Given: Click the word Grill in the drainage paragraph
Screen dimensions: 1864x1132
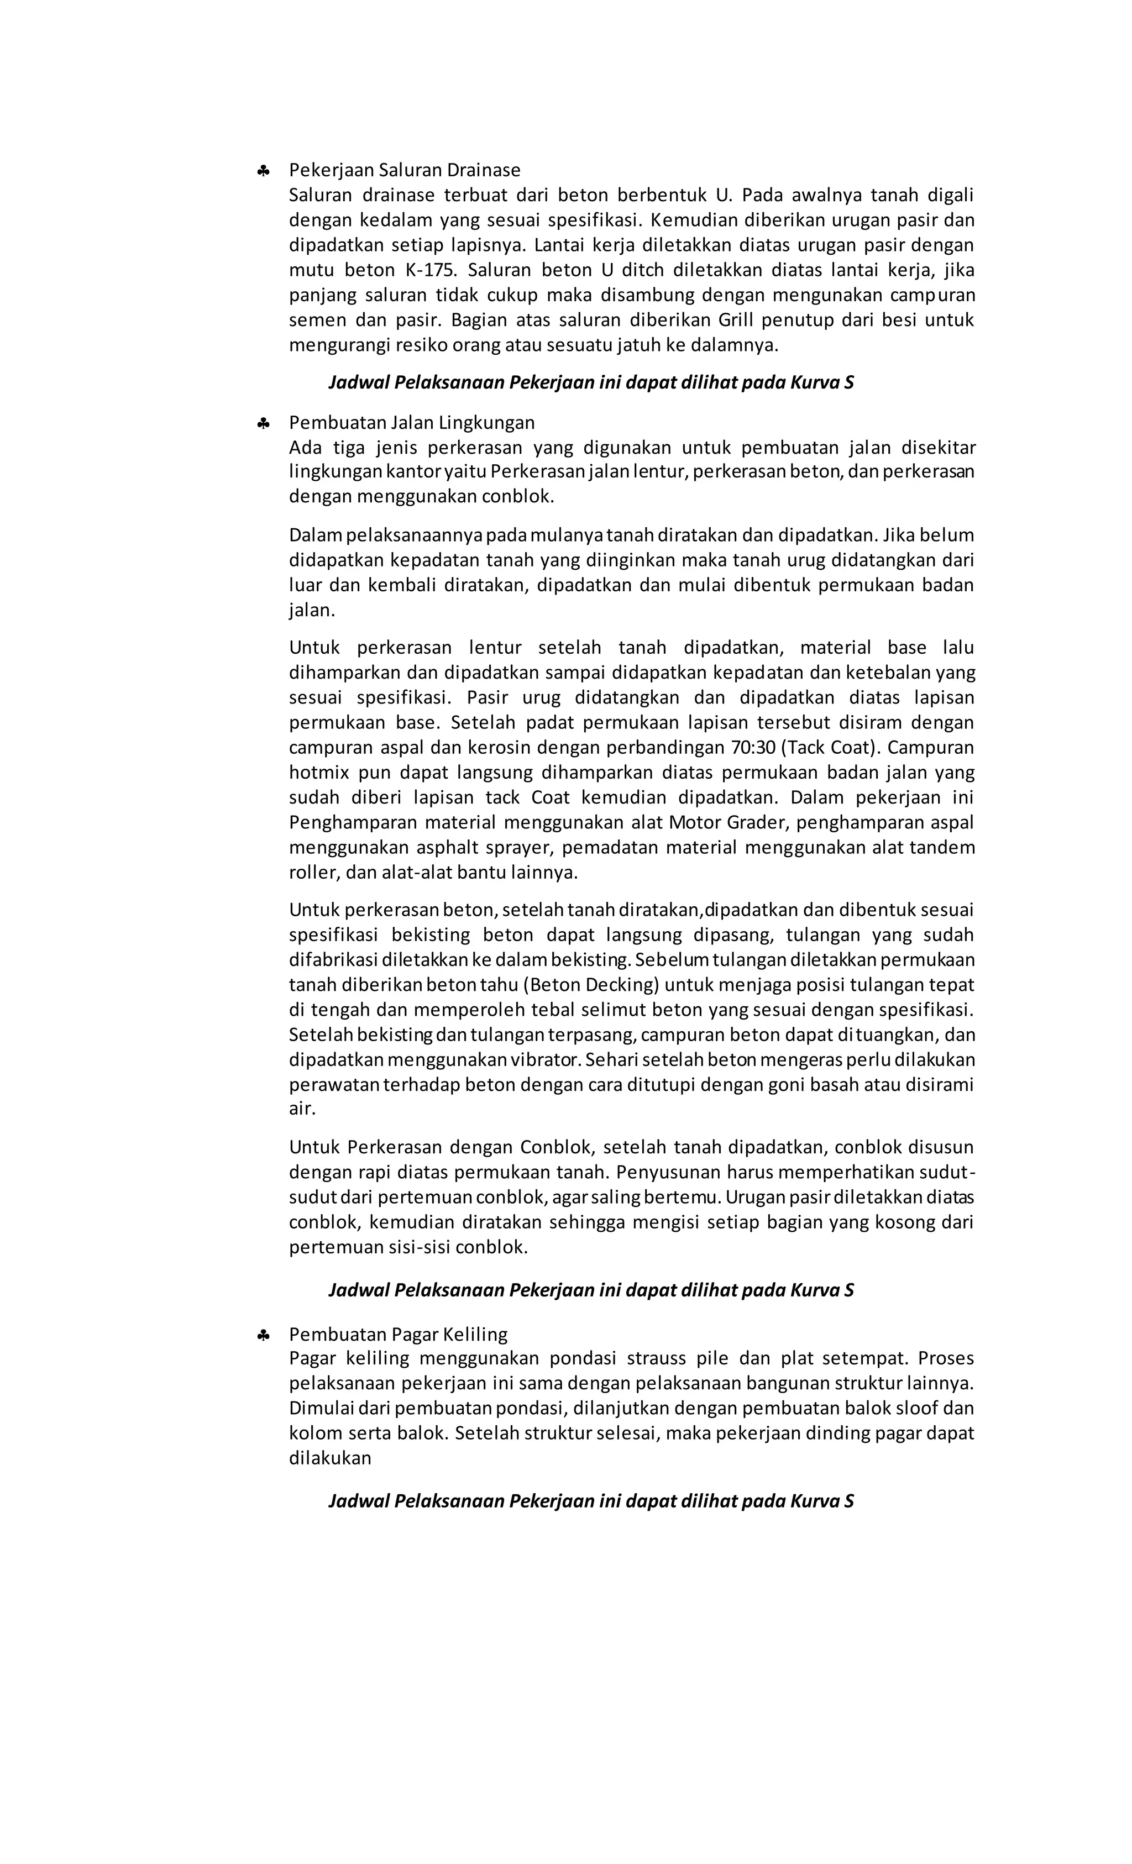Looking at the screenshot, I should coord(736,320).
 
